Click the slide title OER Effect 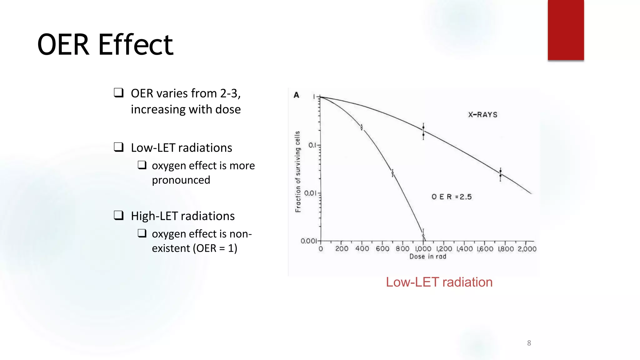point(105,45)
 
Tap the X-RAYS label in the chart point(482,115)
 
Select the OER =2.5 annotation point(451,197)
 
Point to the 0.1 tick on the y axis point(312,145)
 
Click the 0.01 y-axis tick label point(310,193)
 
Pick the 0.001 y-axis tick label point(308,241)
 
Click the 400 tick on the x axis point(362,249)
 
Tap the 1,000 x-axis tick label point(423,249)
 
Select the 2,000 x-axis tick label point(527,249)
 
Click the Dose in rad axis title point(428,257)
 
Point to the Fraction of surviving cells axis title point(298,172)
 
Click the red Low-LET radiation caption point(439,282)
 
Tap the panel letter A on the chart point(297,95)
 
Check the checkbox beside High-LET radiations point(118,215)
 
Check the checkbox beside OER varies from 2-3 point(118,92)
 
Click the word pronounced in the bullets point(181,180)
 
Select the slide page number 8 point(529,343)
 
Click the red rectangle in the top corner point(566,30)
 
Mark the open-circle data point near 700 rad point(392,173)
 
